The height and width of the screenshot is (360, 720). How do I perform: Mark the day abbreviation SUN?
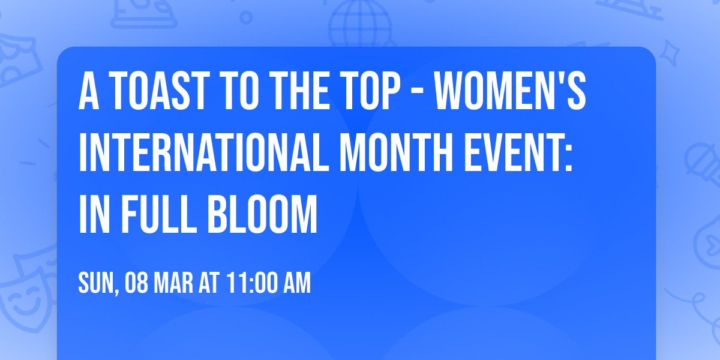(x=96, y=284)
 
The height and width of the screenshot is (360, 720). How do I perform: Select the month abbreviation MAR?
(x=176, y=284)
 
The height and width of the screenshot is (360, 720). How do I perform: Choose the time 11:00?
(x=251, y=284)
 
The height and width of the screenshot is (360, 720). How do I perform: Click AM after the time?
(x=297, y=284)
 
